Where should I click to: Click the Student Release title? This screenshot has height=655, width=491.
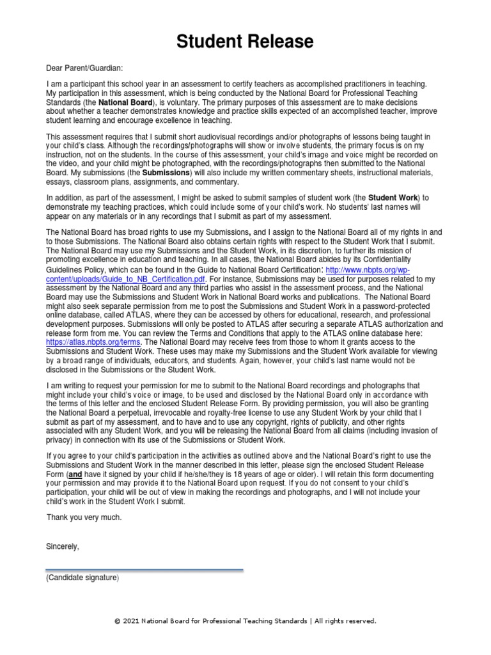click(245, 42)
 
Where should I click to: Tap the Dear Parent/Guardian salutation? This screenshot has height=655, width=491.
click(84, 68)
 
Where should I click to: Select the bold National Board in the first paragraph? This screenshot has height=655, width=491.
click(125, 102)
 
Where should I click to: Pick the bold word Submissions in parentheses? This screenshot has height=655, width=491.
click(166, 173)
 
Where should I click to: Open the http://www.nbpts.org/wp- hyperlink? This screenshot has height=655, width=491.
click(368, 271)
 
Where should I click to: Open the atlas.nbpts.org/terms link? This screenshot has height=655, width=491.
click(93, 342)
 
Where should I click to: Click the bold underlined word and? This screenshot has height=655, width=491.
click(75, 475)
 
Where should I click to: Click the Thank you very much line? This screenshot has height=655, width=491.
click(84, 517)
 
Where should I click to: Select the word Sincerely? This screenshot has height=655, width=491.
click(63, 547)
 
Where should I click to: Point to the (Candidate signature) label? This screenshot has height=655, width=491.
click(82, 578)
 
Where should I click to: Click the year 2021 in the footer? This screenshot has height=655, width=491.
click(131, 621)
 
